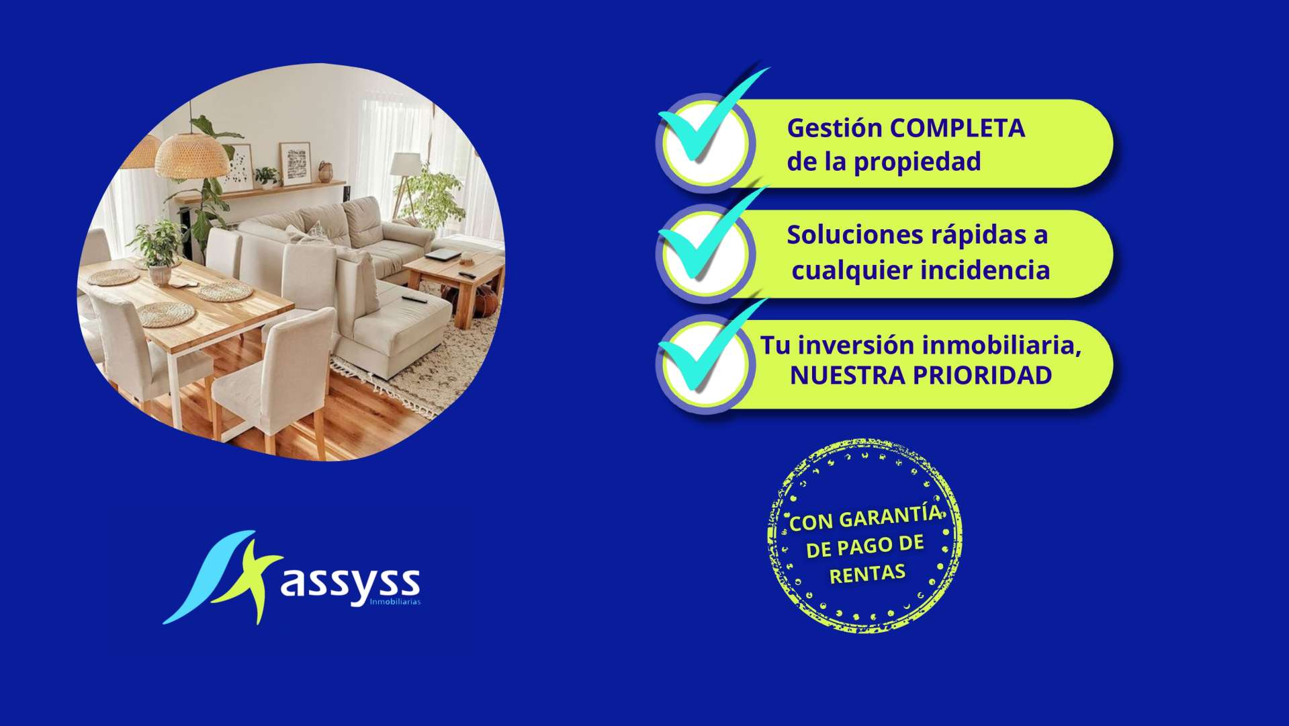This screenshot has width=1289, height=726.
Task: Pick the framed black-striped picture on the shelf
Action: (x=294, y=163)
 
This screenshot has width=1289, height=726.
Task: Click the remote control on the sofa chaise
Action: (x=414, y=298)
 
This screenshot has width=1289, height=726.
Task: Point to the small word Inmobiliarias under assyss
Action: (x=395, y=602)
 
